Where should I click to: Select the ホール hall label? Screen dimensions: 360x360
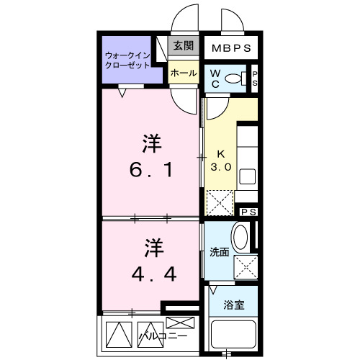click(x=184, y=73)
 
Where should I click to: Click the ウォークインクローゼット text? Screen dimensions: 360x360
click(x=127, y=59)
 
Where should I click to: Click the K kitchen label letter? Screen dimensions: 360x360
click(x=221, y=153)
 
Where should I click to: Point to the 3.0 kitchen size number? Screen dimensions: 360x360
click(x=220, y=166)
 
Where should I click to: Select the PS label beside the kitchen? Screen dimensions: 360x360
click(x=249, y=212)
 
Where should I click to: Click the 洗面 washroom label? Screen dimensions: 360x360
click(x=219, y=253)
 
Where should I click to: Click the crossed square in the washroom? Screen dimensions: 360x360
click(x=246, y=267)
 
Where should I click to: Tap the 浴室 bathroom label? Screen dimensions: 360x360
click(x=233, y=304)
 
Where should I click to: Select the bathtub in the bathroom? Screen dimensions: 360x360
click(x=235, y=336)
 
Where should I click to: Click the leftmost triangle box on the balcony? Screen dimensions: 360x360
click(x=116, y=333)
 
